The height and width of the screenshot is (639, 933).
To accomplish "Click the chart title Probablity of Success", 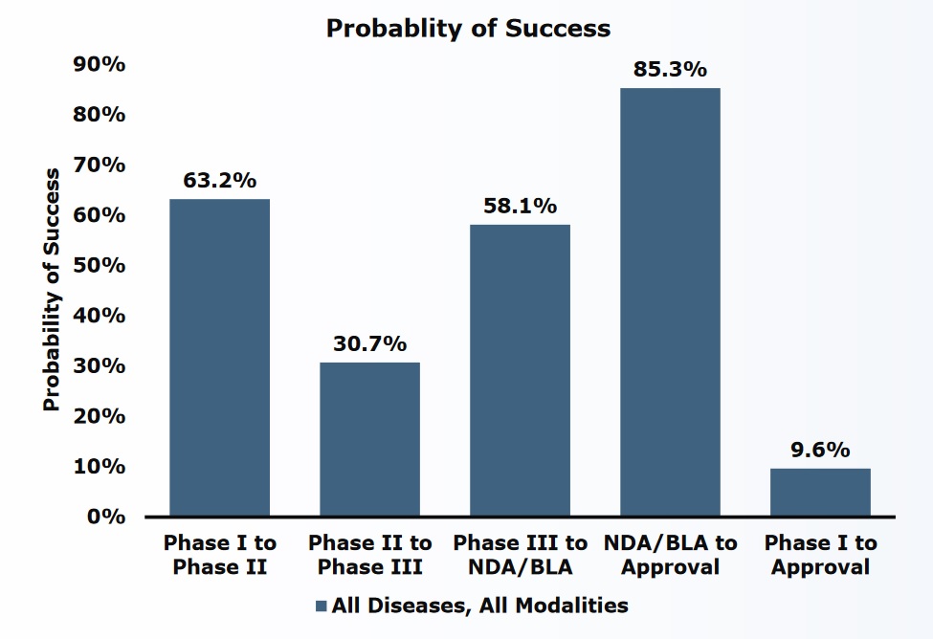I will [468, 29].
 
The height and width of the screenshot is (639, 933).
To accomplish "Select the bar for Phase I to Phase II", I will [219, 358].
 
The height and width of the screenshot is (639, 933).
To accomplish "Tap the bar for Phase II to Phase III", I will [369, 439].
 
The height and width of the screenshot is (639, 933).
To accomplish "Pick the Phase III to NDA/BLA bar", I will [520, 370].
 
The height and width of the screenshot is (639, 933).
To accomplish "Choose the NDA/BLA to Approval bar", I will [670, 302].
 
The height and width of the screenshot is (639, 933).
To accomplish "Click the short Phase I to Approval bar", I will [820, 493].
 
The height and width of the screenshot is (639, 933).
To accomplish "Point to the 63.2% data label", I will [220, 180].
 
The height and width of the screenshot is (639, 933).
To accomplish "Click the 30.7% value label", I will [370, 343].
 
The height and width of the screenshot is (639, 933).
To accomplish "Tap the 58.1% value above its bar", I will [521, 206].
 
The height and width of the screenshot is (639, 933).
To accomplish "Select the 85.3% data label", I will [670, 69].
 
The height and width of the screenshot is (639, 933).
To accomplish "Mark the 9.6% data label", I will [820, 450].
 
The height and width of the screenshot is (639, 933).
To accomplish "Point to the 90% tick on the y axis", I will [100, 64].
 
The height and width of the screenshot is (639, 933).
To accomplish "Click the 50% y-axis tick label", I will [100, 265].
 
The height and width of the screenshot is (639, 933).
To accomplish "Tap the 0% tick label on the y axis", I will [106, 517].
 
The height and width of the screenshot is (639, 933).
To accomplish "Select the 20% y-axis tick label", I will [100, 416].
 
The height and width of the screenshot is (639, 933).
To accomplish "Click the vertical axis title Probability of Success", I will [52, 290].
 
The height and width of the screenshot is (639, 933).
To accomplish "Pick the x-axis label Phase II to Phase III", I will [369, 555].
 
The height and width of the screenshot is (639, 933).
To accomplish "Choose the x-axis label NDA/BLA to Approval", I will [670, 555].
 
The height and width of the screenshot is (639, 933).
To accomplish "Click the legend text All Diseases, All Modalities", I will [479, 606].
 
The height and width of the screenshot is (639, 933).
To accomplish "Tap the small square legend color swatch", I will [322, 606].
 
